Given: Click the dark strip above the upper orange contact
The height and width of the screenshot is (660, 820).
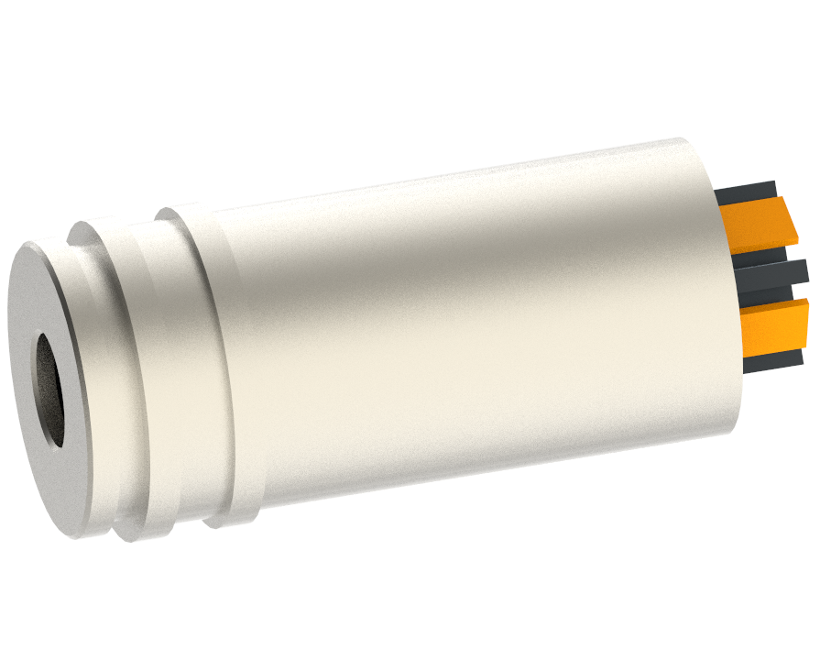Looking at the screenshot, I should [747, 192].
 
